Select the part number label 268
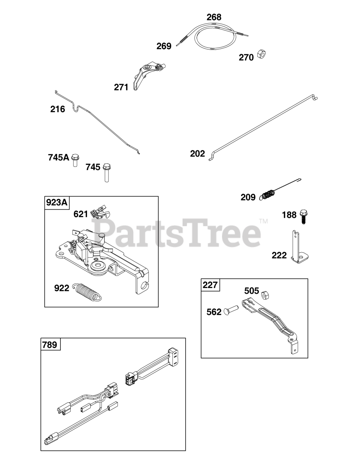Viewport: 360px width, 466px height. pos(214,17)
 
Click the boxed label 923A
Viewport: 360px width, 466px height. pos(57,202)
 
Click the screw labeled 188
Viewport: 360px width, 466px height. pos(302,217)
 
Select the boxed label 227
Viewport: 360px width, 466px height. pos(210,285)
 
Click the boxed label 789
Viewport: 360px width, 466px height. pos(50,345)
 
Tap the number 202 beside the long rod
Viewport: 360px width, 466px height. pos(198,154)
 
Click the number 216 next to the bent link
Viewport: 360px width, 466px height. pos(58,109)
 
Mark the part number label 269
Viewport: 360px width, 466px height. pos(164,46)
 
